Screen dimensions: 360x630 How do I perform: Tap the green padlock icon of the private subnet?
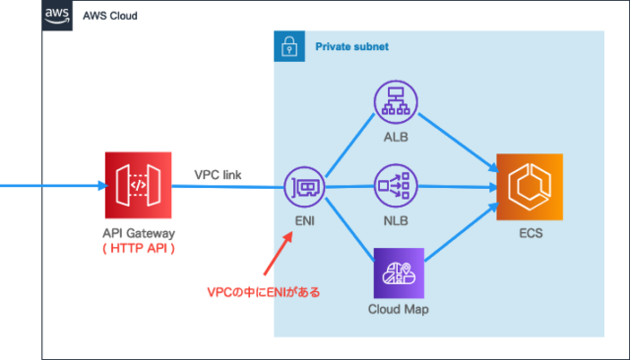[288, 45]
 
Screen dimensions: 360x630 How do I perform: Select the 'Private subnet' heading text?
[351, 46]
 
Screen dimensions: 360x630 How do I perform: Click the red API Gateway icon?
[138, 185]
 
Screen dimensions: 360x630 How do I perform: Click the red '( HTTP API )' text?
[138, 248]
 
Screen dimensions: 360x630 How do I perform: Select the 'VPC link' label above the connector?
[225, 174]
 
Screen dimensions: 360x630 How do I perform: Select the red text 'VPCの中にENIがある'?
[263, 292]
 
